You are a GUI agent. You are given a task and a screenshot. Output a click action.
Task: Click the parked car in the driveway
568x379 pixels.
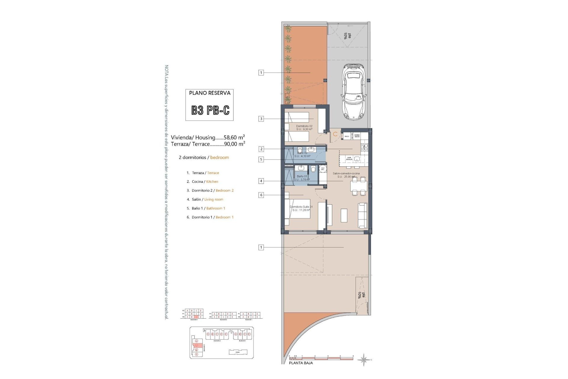(354, 92)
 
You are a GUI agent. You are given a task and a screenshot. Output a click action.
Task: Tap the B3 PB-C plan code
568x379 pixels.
(210, 110)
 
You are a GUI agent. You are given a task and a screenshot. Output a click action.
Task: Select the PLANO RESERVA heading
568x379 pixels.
(209, 93)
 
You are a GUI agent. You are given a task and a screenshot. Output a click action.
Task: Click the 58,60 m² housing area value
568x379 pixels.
(234, 137)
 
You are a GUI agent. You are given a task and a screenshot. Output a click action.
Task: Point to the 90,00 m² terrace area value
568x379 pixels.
(234, 144)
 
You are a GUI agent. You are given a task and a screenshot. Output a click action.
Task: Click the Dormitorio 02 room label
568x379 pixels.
(304, 126)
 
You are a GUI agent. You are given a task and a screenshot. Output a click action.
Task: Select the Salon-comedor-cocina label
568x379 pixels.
(346, 174)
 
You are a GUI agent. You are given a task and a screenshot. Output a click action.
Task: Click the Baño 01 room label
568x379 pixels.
(302, 176)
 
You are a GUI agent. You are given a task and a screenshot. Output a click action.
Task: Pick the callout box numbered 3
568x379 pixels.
(261, 119)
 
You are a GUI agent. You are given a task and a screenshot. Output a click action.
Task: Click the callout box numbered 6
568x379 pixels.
(261, 195)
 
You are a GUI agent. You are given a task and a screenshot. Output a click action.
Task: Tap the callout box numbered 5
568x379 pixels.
(261, 160)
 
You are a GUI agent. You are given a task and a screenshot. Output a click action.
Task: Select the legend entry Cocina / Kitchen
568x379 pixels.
(205, 182)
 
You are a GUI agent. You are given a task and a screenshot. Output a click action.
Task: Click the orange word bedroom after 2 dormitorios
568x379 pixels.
(220, 158)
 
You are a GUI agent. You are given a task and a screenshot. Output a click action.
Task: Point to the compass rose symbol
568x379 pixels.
(364, 360)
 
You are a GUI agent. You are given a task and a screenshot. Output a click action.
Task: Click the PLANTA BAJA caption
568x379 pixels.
(301, 363)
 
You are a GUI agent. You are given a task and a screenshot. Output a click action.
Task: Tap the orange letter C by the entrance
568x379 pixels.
(335, 134)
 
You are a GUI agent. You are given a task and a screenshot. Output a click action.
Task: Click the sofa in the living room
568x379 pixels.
(363, 215)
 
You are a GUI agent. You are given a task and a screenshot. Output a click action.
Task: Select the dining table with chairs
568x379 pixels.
(359, 186)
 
